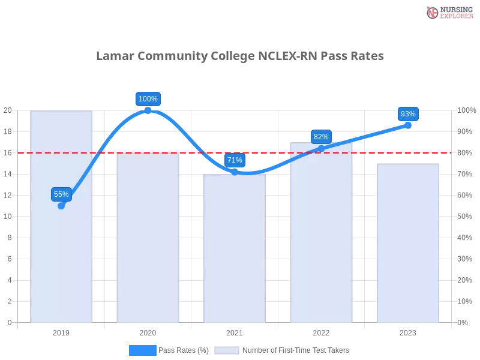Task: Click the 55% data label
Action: tap(61, 194)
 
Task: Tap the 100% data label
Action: tap(148, 99)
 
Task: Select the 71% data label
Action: tap(235, 160)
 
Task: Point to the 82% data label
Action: tap(321, 137)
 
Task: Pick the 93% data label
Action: tap(408, 114)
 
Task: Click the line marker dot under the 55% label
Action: tap(61, 206)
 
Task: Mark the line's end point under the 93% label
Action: tap(408, 125)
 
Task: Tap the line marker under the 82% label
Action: tap(321, 148)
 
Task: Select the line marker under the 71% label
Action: tap(235, 172)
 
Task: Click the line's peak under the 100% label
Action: tap(148, 110)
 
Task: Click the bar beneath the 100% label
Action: tap(148, 240)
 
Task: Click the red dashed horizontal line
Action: tap(270, 152)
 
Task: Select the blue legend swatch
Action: tap(143, 350)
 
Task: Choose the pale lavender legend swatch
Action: tap(227, 350)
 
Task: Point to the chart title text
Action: tap(240, 56)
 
